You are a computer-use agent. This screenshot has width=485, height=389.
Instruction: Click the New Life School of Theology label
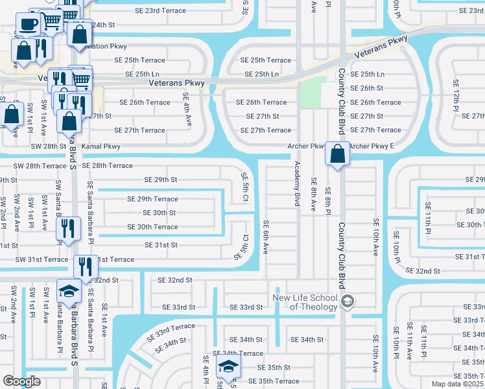[305, 302]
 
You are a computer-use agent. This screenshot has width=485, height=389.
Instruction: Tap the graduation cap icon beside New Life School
[348, 300]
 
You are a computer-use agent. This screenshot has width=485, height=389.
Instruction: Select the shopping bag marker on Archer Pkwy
[337, 154]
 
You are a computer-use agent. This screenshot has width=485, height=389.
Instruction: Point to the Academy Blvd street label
[298, 184]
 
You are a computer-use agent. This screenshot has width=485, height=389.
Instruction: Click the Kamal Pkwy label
[101, 147]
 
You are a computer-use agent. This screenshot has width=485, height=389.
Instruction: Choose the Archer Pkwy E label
[372, 147]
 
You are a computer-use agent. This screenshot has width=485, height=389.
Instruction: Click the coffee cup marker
[27, 25]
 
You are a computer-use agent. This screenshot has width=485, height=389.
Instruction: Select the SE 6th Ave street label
[265, 237]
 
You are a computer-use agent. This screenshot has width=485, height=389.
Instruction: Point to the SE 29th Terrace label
[152, 199]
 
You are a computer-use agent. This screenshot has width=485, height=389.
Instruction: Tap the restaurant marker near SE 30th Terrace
[67, 229]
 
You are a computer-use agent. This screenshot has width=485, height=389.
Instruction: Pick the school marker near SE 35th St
[228, 366]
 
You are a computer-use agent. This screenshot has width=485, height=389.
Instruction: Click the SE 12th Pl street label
[456, 93]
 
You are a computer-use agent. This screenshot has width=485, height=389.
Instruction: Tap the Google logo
[21, 381]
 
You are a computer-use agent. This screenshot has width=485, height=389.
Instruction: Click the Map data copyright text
[458, 384]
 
